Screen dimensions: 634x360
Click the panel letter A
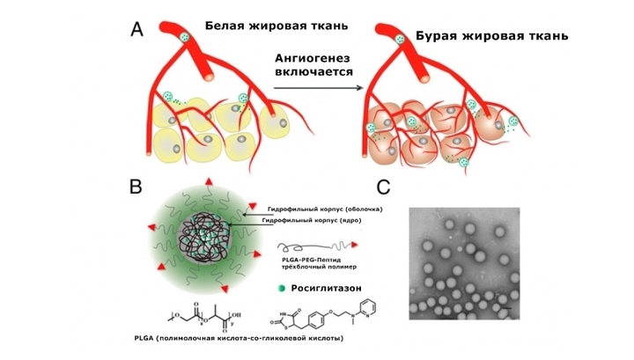point(137,30)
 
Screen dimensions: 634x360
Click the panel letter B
point(136,187)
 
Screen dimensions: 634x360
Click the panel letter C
point(383,187)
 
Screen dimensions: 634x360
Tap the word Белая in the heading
point(225,26)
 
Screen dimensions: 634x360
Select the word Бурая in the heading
point(436,35)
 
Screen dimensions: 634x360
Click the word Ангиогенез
point(313,58)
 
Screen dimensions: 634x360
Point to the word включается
point(314,72)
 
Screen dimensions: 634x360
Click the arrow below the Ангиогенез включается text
point(319,88)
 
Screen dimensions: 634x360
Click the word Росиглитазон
point(327,288)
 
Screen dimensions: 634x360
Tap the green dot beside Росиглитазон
point(282,289)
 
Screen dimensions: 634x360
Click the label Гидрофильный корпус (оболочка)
point(325,209)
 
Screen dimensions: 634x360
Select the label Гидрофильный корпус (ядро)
point(312,221)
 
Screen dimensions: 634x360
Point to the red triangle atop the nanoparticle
point(209,181)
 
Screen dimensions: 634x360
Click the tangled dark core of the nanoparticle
point(204,238)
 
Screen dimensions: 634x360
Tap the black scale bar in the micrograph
point(508,308)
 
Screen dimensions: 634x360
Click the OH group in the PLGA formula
point(237,314)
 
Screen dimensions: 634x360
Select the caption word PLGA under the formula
point(144,338)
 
